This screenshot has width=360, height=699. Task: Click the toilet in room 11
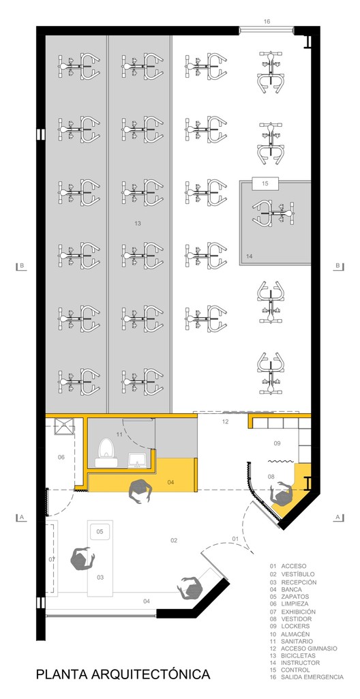pos(106,452)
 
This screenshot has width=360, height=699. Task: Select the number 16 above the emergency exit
pos(267,21)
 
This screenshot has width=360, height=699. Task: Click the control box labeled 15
pos(265,183)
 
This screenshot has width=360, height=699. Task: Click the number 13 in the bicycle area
pos(137,223)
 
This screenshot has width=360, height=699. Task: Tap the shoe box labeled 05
pos(100,531)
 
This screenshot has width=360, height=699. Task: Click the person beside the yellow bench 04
pos(140,491)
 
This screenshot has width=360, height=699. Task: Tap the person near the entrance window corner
pos(191,587)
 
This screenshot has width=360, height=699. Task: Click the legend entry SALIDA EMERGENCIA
pos(312,676)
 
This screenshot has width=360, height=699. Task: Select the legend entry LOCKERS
pos(297,626)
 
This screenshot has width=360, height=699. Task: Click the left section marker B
pos(21,266)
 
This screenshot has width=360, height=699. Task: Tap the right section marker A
pos(338,517)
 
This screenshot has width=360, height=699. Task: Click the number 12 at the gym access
pos(225,421)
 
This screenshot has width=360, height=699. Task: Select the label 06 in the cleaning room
pos(61,457)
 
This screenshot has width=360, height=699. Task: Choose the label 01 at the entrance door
pos(236,539)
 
